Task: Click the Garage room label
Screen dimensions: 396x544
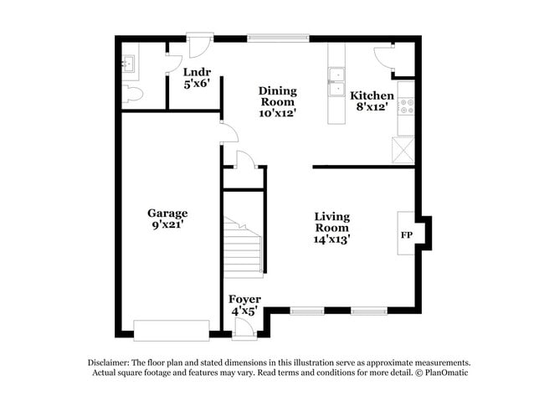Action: click(167, 213)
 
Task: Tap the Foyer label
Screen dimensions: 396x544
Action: click(244, 299)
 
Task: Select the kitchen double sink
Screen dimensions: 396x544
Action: click(337, 82)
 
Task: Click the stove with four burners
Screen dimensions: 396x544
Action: click(406, 106)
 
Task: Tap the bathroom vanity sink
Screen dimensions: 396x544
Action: click(128, 64)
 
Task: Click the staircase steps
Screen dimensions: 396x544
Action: click(243, 247)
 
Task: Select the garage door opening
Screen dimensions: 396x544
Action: click(172, 331)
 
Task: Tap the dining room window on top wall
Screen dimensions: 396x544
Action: click(278, 38)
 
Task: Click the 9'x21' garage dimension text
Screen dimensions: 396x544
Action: click(167, 225)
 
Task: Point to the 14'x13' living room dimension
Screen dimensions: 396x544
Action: click(331, 239)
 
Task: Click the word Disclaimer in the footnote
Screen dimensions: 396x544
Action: click(112, 363)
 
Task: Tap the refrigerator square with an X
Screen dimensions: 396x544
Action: click(403, 150)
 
